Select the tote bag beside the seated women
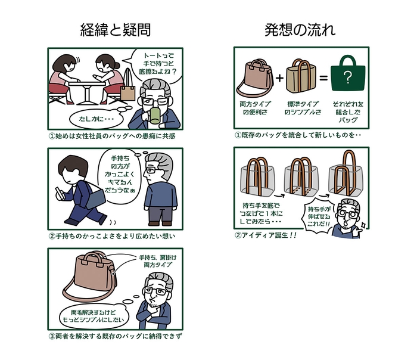tap(128, 91)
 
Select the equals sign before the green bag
tap(322, 78)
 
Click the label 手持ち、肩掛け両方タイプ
tap(158, 262)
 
